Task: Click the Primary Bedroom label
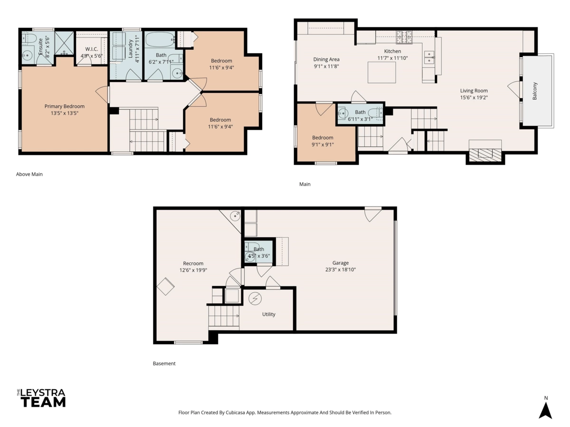tap(65, 106)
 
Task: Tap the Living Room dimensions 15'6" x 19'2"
tap(474, 97)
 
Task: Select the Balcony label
tap(534, 91)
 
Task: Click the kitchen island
tap(382, 72)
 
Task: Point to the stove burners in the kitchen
tap(404, 37)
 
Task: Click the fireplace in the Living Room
tap(485, 155)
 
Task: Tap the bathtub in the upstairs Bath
tap(160, 39)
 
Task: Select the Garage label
tap(341, 263)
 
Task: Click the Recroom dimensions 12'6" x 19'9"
tap(193, 270)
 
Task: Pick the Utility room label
tap(268, 314)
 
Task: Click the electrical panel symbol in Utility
tap(255, 299)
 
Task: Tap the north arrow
tap(545, 410)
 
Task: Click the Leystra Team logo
tap(41, 398)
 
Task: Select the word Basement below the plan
tap(164, 363)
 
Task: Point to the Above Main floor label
tap(29, 174)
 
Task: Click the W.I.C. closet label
tap(91, 49)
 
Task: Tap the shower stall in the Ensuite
tap(65, 43)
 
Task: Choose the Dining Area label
tap(326, 59)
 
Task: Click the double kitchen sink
tap(429, 57)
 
